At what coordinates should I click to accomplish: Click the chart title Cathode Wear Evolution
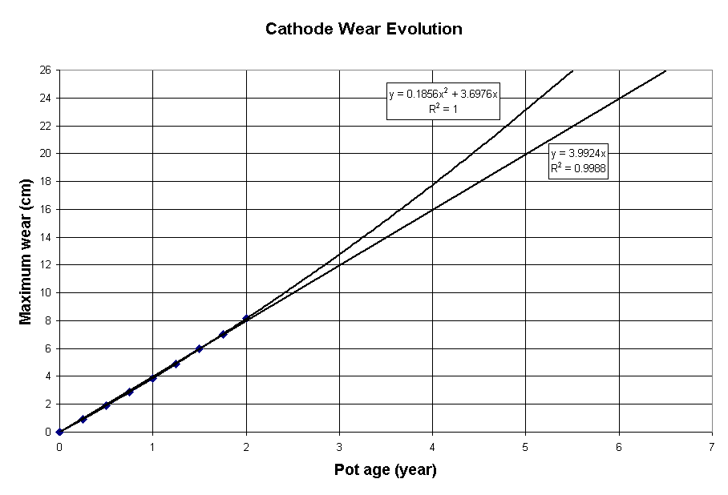click(x=363, y=30)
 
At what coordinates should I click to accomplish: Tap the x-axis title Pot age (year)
click(x=385, y=470)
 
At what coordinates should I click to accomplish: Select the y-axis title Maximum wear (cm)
click(x=26, y=251)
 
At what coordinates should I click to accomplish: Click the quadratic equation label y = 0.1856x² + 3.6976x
click(x=443, y=94)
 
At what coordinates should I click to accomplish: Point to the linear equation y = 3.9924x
click(x=578, y=153)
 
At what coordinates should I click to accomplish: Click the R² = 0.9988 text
click(x=578, y=167)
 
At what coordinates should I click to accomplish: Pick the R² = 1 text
click(x=443, y=109)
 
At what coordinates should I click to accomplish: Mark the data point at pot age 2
click(x=246, y=319)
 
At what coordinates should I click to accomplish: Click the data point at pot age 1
click(x=152, y=378)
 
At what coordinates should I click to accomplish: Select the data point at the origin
click(x=59, y=432)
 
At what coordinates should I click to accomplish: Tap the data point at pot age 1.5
click(x=199, y=348)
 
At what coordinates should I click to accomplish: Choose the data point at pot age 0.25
click(x=83, y=419)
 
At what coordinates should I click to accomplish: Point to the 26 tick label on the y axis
click(x=47, y=70)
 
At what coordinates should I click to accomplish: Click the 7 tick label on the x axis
click(x=712, y=445)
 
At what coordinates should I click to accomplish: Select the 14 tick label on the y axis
click(x=47, y=237)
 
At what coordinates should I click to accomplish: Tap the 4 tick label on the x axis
click(x=432, y=445)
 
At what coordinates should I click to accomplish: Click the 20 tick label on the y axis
click(x=47, y=154)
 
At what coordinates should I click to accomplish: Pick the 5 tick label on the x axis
click(x=525, y=445)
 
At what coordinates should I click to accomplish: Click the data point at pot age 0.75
click(x=129, y=392)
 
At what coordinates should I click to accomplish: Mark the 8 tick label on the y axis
click(x=50, y=320)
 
